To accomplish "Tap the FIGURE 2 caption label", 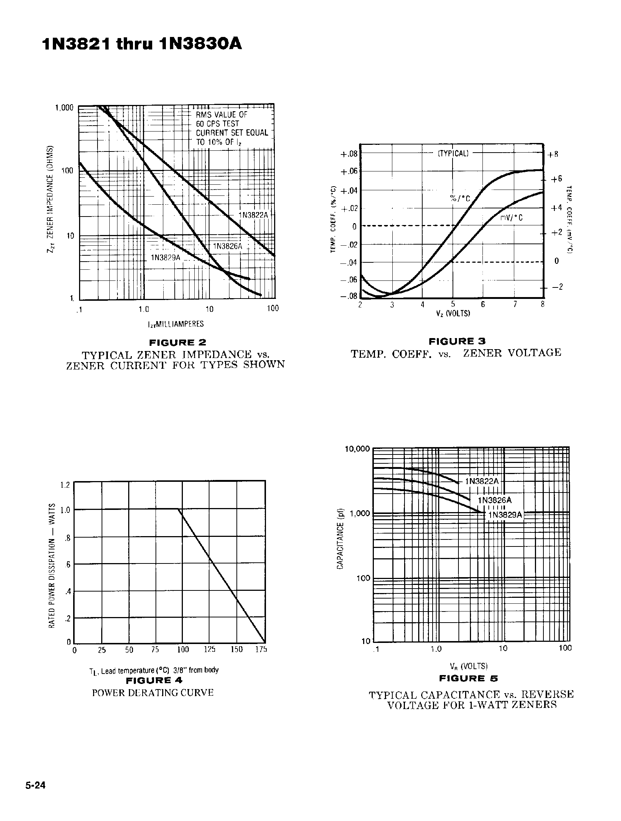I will click(177, 342).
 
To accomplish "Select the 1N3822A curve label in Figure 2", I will click(253, 215).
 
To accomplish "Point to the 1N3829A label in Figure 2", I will click(166, 258).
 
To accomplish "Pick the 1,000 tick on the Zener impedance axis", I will click(64, 108).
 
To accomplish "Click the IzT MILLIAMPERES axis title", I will click(176, 324).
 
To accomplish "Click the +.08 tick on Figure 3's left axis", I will click(348, 154).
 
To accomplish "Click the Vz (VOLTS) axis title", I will click(453, 313).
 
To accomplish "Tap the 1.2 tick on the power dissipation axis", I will click(65, 485).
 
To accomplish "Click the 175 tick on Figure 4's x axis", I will click(261, 649).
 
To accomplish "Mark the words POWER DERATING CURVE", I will click(153, 692).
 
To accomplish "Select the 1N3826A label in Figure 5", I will click(494, 500).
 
